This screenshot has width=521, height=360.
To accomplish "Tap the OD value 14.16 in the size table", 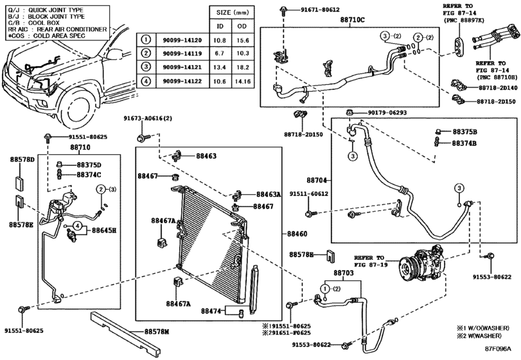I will coord(243,82).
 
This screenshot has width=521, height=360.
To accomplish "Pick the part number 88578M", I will coord(156,331).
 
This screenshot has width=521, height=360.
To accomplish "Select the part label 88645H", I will coord(103,230).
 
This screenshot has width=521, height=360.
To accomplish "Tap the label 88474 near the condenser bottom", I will coord(211,310).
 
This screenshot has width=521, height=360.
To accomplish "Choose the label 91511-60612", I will coord(308,194).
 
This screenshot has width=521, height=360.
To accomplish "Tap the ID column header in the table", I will coord(220,26).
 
